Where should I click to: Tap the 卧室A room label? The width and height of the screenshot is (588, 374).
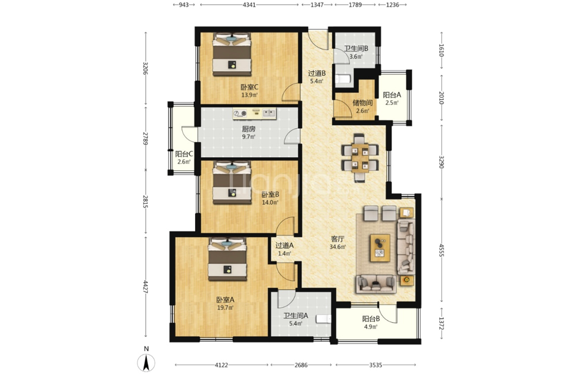pos(225,300)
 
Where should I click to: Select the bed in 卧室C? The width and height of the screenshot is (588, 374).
pos(232,55)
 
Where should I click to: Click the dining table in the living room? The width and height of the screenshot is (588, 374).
pos(360,157)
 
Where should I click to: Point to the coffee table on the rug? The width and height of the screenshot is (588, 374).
pos(380,248)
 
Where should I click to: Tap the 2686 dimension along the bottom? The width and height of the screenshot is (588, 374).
pos(301,365)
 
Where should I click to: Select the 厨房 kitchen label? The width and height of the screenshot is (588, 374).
pos(248,129)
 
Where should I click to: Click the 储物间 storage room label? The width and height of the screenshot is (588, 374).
pos(362,103)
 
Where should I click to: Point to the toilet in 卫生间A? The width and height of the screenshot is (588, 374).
pos(324,319)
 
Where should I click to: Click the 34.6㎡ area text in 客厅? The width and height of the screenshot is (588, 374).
pos(337,247)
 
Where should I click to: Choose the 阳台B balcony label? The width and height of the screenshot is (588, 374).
pos(371,319)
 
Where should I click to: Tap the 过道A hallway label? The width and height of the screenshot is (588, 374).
pos(284,245)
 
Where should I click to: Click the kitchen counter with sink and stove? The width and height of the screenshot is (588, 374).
pos(254,114)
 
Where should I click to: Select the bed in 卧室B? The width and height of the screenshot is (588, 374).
pos(232,183)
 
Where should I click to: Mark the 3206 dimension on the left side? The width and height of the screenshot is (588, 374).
pos(145,68)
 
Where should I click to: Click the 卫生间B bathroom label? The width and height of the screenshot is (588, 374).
pos(356,49)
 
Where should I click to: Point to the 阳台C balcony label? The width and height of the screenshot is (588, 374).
pos(184,154)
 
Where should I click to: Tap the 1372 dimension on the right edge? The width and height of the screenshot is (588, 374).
pos(441,324)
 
